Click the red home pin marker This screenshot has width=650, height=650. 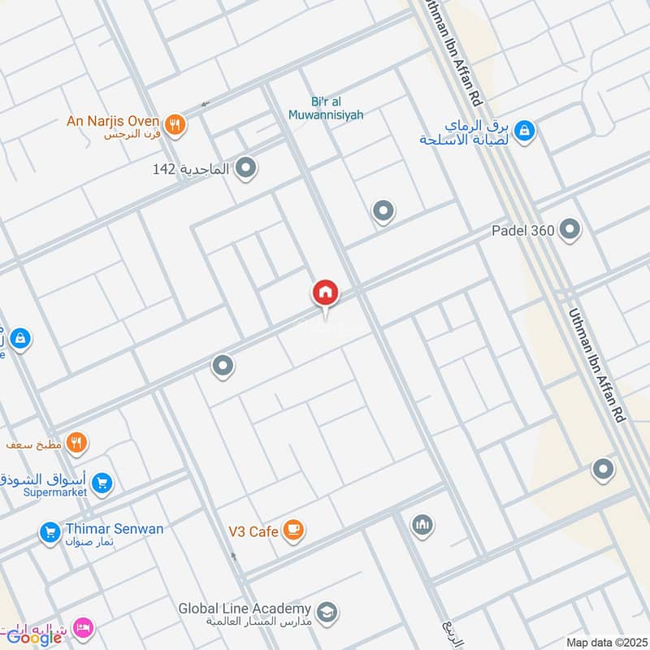tap(326, 292)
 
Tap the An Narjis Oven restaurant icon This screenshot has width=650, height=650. tap(174, 125)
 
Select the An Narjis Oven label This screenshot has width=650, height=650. tap(112, 121)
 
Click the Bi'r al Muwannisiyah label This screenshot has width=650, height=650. tap(325, 108)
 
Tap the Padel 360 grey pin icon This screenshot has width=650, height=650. tap(570, 230)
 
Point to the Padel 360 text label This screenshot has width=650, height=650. tap(522, 231)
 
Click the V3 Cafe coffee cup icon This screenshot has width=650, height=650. tap(294, 531)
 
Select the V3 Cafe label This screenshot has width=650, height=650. tap(253, 532)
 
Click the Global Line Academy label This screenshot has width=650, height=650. tap(245, 609)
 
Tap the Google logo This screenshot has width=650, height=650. tap(34, 638)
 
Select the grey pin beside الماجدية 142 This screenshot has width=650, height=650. tap(247, 169)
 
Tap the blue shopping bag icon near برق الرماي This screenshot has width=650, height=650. tap(524, 130)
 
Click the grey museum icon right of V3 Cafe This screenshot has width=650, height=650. tap(421, 525)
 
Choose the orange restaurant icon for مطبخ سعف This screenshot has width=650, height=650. tap(77, 443)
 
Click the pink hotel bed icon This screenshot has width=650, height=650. tap(83, 628)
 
